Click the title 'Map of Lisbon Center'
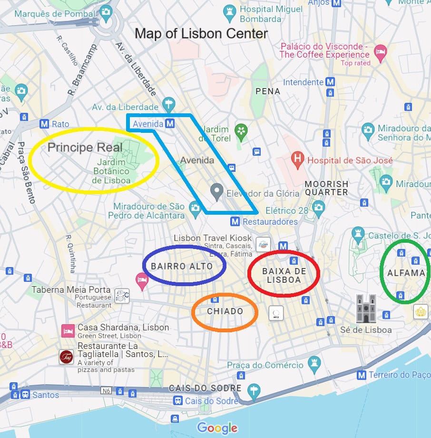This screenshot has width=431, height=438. (x=201, y=34)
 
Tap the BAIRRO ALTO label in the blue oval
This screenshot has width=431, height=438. (x=182, y=266)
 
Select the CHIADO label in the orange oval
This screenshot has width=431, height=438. (x=225, y=311)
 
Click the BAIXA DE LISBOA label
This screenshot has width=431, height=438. (x=284, y=275)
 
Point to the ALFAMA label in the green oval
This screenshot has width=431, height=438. (x=406, y=273)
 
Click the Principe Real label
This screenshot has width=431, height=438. (x=76, y=148)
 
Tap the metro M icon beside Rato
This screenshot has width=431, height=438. (x=45, y=124)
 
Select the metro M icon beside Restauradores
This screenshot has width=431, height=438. (x=235, y=221)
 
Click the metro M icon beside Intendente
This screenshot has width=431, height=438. (x=330, y=82)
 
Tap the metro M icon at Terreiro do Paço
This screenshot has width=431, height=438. (x=362, y=375)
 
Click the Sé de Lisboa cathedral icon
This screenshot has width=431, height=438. (x=366, y=309)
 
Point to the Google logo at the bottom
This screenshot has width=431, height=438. (x=217, y=428)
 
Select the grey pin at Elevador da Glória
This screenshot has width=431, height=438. (x=217, y=192)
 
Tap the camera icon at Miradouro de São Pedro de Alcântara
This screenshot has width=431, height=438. (x=195, y=208)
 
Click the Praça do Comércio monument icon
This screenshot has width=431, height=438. (x=314, y=365)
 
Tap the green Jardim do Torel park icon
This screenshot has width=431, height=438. (x=241, y=130)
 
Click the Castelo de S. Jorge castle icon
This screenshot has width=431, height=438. (x=358, y=234)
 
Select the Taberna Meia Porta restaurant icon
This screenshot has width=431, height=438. (x=122, y=295)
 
